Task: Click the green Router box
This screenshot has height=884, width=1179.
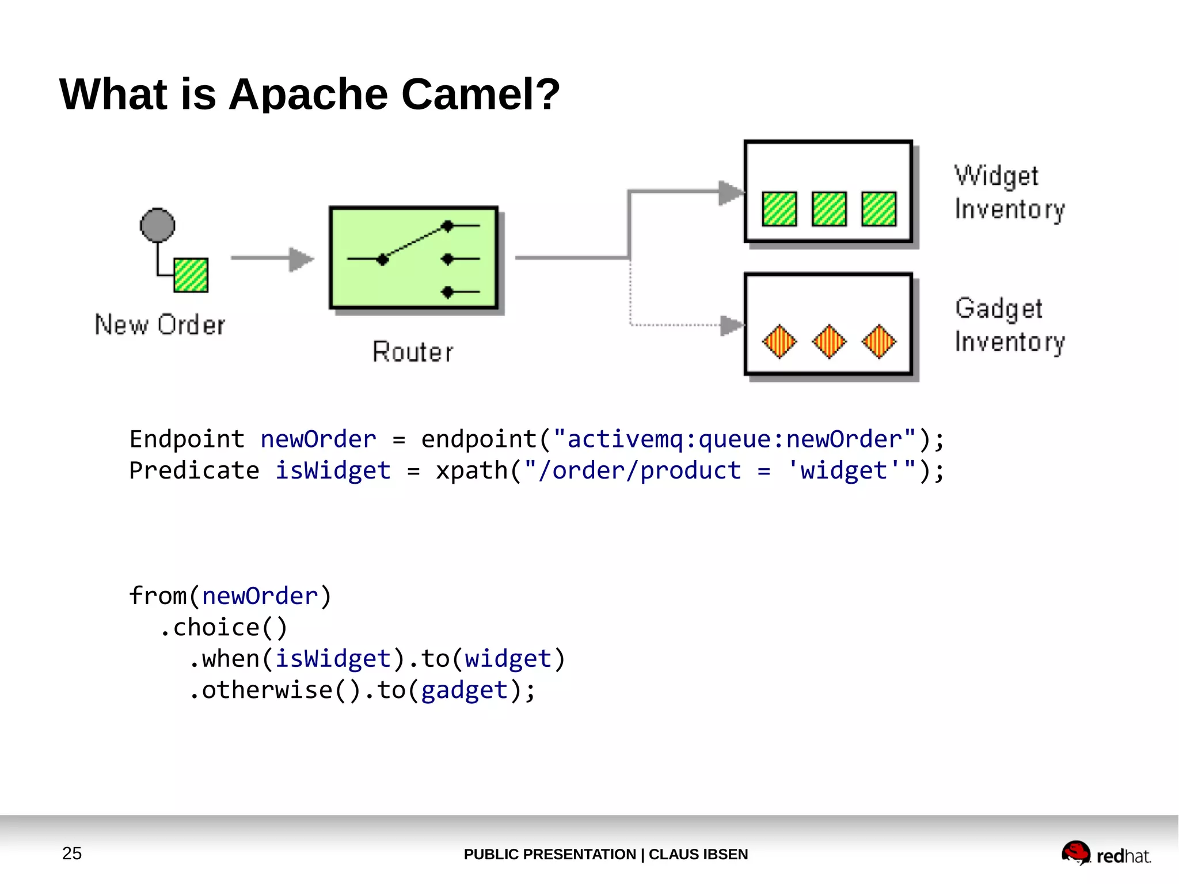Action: click(413, 258)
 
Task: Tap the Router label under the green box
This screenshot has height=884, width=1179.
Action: click(413, 352)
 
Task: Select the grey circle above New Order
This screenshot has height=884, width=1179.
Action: click(157, 225)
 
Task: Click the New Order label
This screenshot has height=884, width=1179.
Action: click(160, 325)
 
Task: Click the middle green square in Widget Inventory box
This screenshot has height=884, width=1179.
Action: click(829, 208)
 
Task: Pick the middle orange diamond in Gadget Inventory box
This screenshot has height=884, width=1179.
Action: click(829, 341)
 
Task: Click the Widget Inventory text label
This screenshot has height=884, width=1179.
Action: click(1009, 192)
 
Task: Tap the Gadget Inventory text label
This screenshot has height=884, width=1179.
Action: click(1009, 325)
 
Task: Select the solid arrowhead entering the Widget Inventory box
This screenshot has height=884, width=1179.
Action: click(731, 192)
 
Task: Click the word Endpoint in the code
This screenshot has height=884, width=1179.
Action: click(187, 439)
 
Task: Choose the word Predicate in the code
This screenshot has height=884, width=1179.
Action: click(194, 471)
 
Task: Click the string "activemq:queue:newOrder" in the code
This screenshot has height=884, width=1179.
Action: click(734, 439)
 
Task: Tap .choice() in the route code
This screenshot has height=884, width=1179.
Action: click(223, 628)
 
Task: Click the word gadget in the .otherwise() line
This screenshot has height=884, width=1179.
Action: click(465, 690)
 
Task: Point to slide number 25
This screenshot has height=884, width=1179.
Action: click(72, 853)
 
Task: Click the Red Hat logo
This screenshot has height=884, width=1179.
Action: click(1105, 853)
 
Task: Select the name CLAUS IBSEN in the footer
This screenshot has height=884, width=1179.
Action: click(698, 854)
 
